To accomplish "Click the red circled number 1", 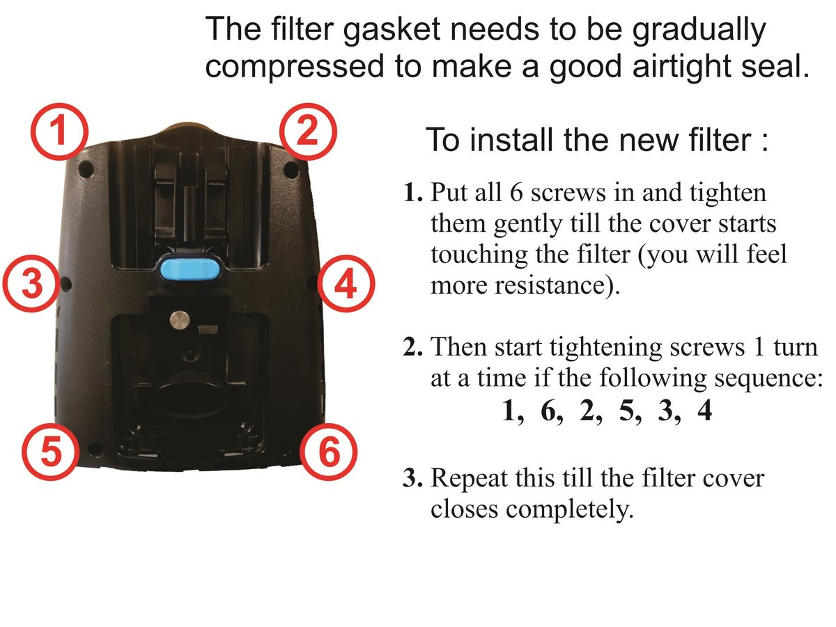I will coord(59,132).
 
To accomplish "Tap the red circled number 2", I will coord(308,132).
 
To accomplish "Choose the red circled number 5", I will coord(51,452).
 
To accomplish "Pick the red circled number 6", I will coord(329,452).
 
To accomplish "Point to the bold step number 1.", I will coord(412,193).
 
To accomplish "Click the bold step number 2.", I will coord(412,347).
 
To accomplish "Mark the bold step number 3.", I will coord(412,479).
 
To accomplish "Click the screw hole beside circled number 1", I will coord(85,168).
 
